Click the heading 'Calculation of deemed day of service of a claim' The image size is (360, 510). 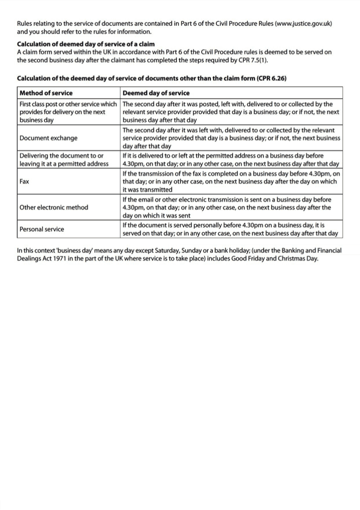[x=85, y=44]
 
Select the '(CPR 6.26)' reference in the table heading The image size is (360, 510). [x=271, y=78]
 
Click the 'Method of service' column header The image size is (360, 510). [x=46, y=93]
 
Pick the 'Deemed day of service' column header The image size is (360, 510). [x=156, y=93]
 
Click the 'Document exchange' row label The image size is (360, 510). [x=48, y=138]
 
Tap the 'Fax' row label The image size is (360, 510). [x=24, y=181]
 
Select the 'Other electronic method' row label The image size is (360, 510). [x=54, y=208]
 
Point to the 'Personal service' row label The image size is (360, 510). [x=41, y=229]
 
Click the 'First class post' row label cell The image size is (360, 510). [x=68, y=112]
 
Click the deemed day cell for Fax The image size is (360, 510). [x=231, y=181]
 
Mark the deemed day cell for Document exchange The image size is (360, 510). [x=231, y=138]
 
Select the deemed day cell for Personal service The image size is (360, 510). [x=231, y=229]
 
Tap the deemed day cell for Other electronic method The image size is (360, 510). [x=231, y=208]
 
